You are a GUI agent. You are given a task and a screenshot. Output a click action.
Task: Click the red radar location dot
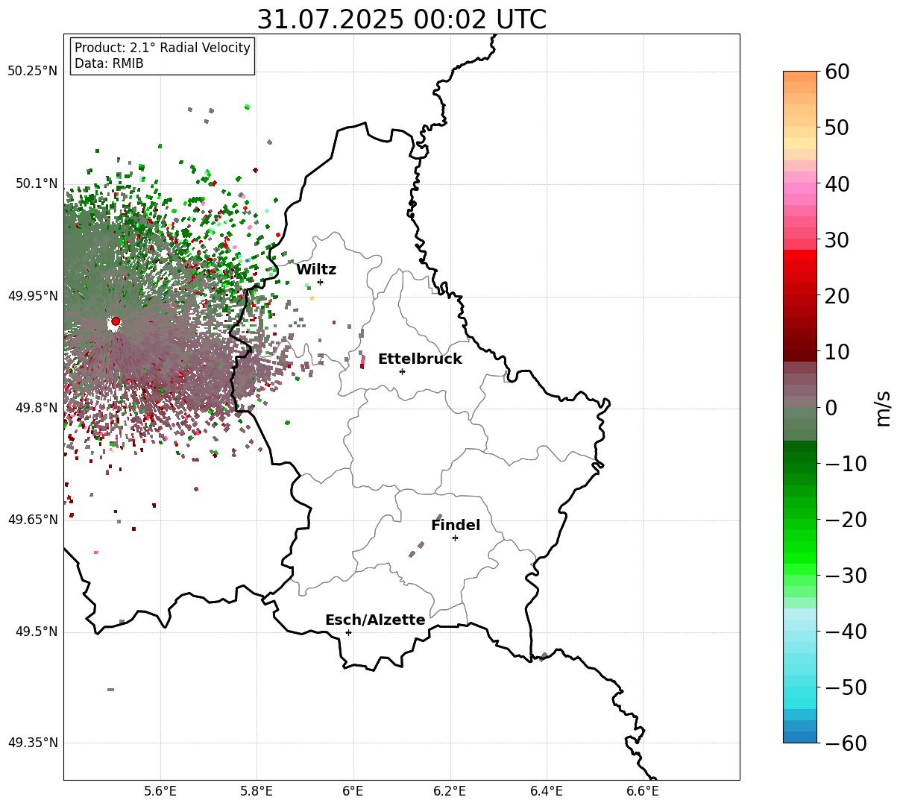click(116, 321)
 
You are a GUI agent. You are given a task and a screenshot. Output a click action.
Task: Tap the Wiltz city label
click(316, 269)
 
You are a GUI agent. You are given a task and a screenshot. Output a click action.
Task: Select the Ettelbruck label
click(420, 359)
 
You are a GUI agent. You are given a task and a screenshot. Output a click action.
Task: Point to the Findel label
click(456, 525)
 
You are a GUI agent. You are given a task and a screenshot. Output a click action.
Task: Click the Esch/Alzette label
click(375, 620)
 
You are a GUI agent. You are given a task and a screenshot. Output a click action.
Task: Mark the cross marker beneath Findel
click(455, 538)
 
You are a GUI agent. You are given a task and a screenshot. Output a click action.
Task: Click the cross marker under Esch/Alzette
click(348, 632)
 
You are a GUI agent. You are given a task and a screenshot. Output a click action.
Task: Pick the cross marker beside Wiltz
click(320, 282)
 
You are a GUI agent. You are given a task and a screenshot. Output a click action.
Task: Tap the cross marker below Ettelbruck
click(402, 371)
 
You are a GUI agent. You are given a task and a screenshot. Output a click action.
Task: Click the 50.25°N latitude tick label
click(32, 71)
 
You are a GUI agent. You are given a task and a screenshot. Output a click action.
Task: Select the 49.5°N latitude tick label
click(37, 632)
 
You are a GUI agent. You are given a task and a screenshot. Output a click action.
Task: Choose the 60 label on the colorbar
click(837, 72)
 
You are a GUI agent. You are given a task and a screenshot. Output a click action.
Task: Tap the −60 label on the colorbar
click(846, 743)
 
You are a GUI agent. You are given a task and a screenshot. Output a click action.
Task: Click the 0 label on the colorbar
click(831, 407)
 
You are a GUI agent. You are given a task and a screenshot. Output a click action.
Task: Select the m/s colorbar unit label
click(883, 409)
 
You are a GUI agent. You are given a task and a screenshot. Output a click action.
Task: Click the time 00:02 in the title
click(450, 20)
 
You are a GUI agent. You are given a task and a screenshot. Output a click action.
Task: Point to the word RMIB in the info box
click(128, 63)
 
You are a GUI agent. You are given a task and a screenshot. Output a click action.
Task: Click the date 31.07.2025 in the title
click(330, 20)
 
